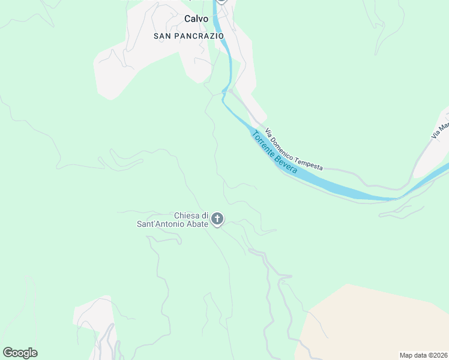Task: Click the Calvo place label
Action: (196, 19)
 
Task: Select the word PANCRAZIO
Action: (200, 36)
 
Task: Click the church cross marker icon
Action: (218, 220)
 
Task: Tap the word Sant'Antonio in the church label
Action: (164, 224)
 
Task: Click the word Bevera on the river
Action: (286, 163)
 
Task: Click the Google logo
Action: (20, 353)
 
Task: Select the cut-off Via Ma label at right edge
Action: (440, 130)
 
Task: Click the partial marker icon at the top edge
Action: (221, 2)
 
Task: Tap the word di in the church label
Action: (204, 215)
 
